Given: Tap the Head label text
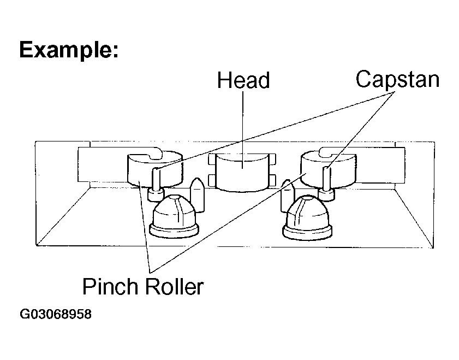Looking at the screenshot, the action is point(243,80).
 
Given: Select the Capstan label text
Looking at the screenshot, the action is point(397,80).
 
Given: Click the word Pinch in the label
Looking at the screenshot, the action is point(110,286).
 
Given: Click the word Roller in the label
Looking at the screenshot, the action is point(174,286).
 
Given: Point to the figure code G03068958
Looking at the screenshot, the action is point(56,314).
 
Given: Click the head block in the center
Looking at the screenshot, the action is point(242,172).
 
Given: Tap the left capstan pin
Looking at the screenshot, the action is point(156,179).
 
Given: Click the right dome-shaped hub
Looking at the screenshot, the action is point(307,217).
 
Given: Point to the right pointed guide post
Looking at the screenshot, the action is point(287,196).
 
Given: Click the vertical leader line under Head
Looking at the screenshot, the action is point(243,130).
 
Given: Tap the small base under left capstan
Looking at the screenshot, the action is point(156,195).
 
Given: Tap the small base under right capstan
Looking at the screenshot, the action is point(326,194).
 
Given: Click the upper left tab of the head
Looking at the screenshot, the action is point(212,160).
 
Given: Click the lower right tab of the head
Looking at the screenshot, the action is point(272,180).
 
